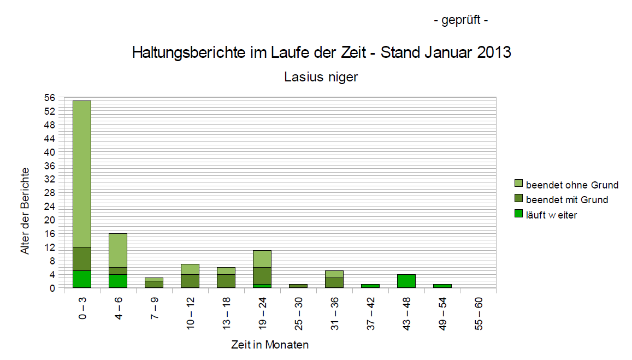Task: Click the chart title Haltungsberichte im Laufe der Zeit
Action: pos(321,53)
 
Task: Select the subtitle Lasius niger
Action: pos(321,77)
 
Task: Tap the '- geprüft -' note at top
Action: pos(460,21)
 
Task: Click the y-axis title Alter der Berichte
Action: pos(25,210)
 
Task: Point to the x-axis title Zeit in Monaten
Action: pos(269,345)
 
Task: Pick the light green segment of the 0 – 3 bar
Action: pos(82,174)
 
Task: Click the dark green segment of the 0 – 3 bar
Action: pos(82,259)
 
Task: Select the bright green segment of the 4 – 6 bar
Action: pos(118,281)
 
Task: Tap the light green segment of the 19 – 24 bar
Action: pos(262,259)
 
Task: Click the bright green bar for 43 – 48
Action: pos(406,281)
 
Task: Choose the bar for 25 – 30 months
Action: pos(298,286)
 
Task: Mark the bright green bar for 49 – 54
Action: pos(442,286)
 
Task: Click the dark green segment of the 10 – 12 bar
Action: pos(190,281)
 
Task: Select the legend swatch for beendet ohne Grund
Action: pos(518,185)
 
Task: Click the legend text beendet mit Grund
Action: pos(567,200)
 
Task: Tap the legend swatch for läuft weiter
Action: pos(518,215)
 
